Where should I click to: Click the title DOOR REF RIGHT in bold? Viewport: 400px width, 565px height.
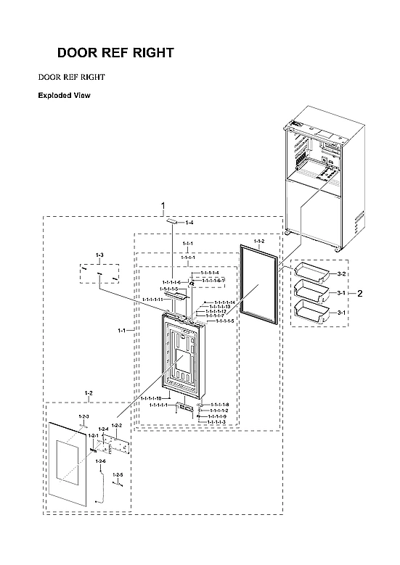click(x=115, y=53)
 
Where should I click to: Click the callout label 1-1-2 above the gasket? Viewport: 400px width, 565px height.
click(x=259, y=240)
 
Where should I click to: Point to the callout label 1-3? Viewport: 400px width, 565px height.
click(x=99, y=256)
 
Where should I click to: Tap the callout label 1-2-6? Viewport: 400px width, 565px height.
click(x=100, y=461)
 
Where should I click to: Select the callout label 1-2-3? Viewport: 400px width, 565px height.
click(x=83, y=416)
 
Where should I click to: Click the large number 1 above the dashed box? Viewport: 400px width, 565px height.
click(x=163, y=205)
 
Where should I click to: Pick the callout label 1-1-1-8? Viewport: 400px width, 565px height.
click(x=219, y=405)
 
